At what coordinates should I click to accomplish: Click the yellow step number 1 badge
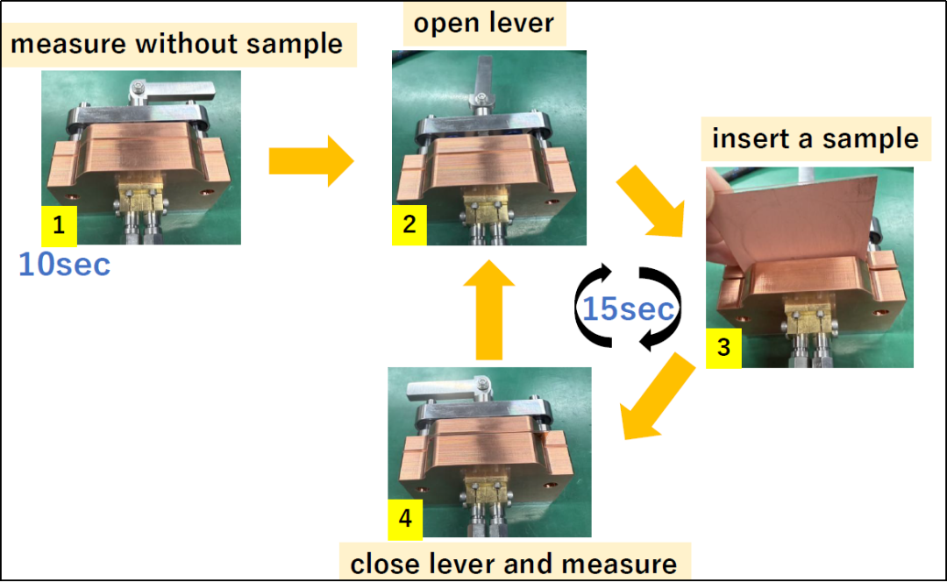59,226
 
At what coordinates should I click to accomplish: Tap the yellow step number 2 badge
409,224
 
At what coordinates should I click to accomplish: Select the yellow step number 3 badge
723,347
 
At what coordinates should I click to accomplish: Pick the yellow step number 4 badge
405,518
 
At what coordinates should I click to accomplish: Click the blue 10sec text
65,264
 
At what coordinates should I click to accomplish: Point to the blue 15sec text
629,309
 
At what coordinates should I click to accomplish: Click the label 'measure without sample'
177,44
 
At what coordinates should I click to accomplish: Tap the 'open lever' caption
484,23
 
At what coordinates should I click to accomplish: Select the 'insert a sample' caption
815,138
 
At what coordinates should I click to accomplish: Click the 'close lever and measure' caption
514,564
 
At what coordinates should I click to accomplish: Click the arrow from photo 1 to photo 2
310,161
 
